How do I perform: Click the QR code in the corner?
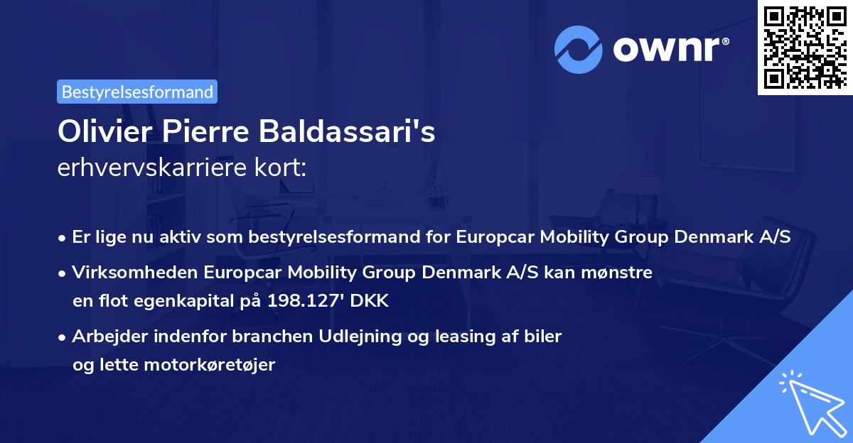tap(805, 47)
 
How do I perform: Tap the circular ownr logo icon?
tap(579, 50)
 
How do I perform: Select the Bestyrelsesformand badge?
tap(137, 92)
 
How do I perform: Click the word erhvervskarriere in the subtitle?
tap(146, 168)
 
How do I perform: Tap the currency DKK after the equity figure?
tap(370, 300)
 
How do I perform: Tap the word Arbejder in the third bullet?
tap(103, 336)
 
